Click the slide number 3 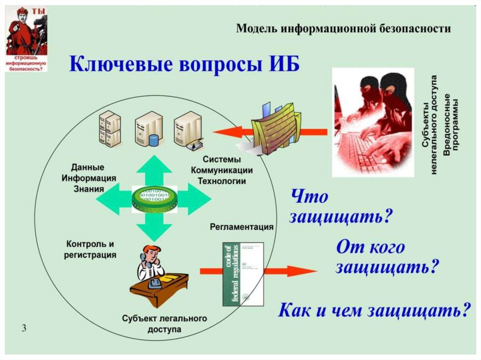click(23, 328)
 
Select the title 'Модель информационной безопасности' click(343, 29)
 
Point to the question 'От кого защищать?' click(387, 258)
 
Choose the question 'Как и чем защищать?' click(374, 310)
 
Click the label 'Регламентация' click(241, 227)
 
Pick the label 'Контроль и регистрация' click(91, 250)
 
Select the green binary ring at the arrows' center click(154, 199)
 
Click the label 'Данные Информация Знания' click(88, 178)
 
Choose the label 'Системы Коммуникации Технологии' click(222, 170)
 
